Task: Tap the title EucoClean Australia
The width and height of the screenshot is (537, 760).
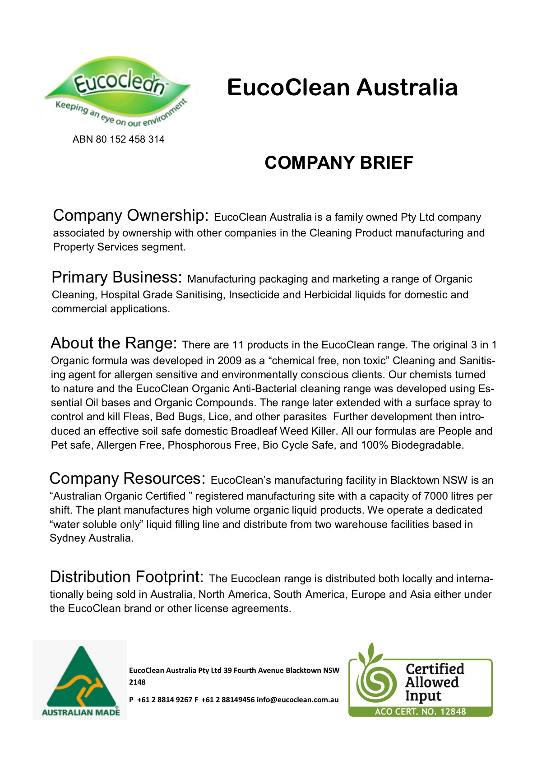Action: coord(342,87)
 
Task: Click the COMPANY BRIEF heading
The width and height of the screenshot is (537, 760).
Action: coord(339,163)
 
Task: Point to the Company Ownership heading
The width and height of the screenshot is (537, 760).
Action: coord(130,216)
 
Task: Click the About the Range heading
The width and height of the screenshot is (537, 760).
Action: coord(114,343)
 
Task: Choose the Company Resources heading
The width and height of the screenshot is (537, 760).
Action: coord(127,479)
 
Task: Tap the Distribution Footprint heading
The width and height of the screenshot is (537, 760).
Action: coord(126,577)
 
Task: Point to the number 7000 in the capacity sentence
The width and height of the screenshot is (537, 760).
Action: coord(436,496)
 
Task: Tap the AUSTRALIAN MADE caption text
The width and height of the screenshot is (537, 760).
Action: coord(81,713)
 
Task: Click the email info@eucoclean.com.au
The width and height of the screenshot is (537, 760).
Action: coord(297,700)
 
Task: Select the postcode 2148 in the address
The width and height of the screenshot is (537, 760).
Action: coord(137,682)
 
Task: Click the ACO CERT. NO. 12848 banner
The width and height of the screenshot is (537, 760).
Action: coord(420,712)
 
